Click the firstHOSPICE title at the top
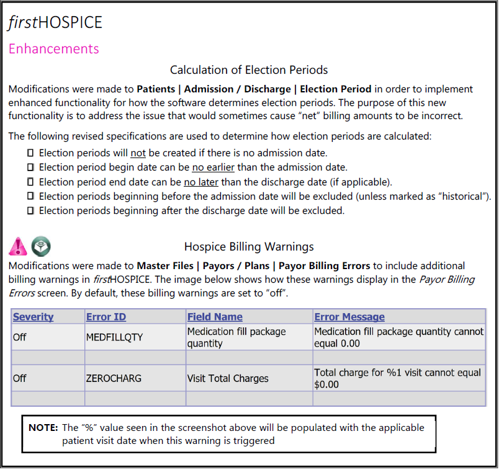(55, 22)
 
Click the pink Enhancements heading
(53, 48)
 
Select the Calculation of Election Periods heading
(249, 69)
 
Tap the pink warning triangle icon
(18, 246)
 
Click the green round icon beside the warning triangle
(41, 246)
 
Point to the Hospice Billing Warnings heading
(249, 246)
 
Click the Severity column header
(34, 317)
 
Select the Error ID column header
(106, 317)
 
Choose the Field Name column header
(215, 317)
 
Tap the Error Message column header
(349, 317)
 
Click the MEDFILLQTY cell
(114, 337)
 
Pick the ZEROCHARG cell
(114, 378)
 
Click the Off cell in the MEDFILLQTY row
(20, 337)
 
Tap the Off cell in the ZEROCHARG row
(20, 378)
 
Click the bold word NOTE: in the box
(43, 428)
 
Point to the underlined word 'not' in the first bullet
(138, 153)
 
